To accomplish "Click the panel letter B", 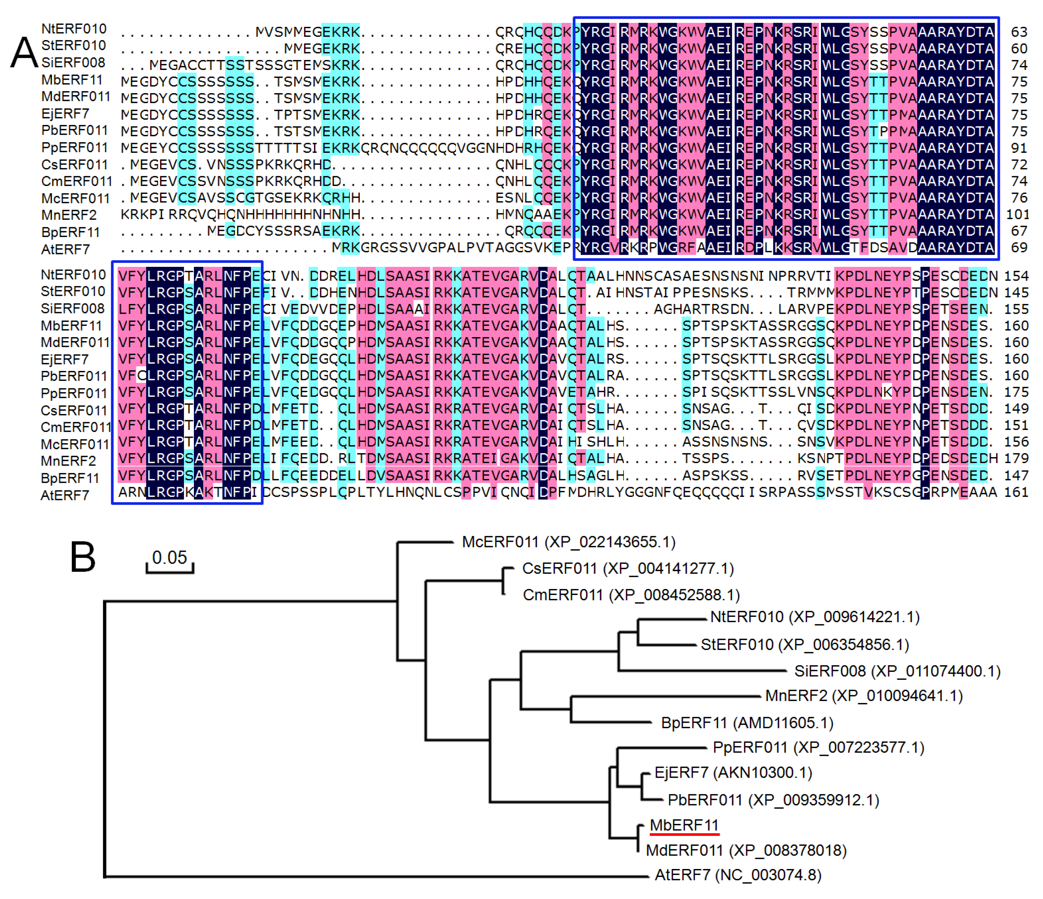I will point(83,557).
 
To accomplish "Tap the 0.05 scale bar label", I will point(170,557).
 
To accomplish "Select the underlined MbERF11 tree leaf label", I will point(684,825).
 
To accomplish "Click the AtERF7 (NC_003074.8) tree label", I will point(737,875).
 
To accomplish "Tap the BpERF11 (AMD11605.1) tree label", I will point(747,723).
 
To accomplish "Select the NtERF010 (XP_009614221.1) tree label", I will point(814,617).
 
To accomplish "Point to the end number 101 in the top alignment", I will point(1017,215).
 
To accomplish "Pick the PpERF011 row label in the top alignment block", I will point(74,148).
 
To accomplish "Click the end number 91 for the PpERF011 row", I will point(1019,148).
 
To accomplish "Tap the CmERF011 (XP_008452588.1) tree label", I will point(631,595).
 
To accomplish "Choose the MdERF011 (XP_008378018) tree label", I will point(746,850).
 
